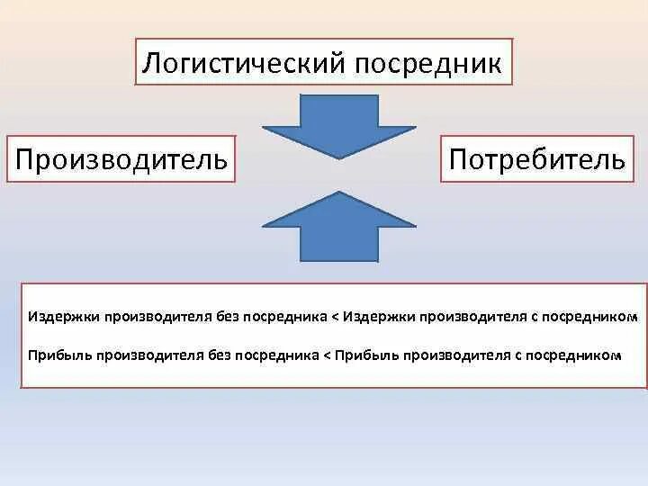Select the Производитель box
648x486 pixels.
(121, 159)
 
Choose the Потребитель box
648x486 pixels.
(536, 159)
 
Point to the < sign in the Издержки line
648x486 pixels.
(336, 318)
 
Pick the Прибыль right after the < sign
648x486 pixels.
(364, 355)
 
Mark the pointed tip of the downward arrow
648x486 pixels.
(338, 158)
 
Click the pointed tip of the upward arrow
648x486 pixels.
(338, 192)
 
